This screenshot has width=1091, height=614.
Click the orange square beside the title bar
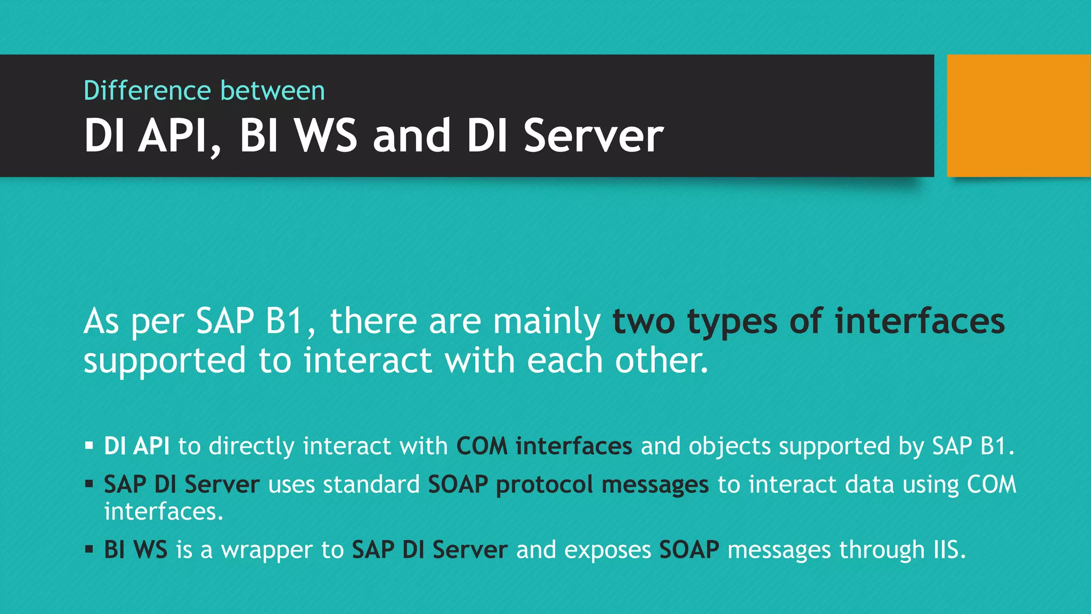(x=1018, y=115)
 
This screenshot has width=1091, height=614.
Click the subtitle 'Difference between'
(x=204, y=91)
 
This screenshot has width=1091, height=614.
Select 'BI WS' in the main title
(x=298, y=136)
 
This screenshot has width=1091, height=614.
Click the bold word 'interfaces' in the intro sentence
(x=919, y=321)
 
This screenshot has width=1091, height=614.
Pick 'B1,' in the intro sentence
(x=290, y=321)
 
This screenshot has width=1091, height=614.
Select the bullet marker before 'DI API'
(x=89, y=445)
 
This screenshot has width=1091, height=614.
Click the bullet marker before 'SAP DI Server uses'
(x=89, y=484)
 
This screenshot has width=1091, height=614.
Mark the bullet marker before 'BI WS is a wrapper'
(x=89, y=549)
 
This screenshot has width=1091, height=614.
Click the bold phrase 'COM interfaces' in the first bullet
(x=544, y=446)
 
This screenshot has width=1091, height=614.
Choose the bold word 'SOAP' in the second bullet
(x=458, y=484)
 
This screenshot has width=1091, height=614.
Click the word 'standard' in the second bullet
(x=371, y=484)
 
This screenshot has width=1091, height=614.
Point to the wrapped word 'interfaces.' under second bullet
(x=164, y=512)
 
